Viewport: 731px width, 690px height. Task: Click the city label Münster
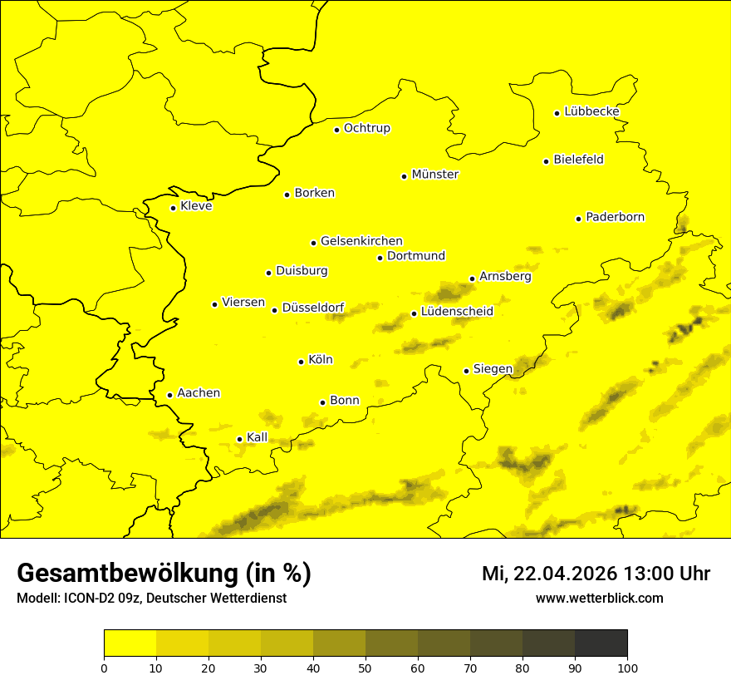[434, 175]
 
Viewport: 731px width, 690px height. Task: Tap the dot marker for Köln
[302, 362]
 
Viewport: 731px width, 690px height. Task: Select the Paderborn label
[615, 217]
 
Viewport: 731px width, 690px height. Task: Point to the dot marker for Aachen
[170, 395]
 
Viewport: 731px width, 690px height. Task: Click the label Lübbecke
[591, 111]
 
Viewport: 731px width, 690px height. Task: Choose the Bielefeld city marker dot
[547, 161]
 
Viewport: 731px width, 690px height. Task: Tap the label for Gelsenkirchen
[361, 241]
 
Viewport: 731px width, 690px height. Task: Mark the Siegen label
[493, 369]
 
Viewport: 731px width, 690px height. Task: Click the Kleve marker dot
[174, 208]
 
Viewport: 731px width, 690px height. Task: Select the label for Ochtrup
[366, 128]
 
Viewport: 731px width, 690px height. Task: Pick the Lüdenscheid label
[457, 312]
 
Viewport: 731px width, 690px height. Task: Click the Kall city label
[258, 437]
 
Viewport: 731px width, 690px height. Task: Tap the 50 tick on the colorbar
[365, 667]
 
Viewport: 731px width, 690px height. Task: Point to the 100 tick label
[627, 667]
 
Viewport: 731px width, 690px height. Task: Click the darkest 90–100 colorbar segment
[601, 643]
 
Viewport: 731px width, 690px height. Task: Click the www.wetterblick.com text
[599, 599]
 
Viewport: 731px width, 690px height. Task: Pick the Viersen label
[243, 303]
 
